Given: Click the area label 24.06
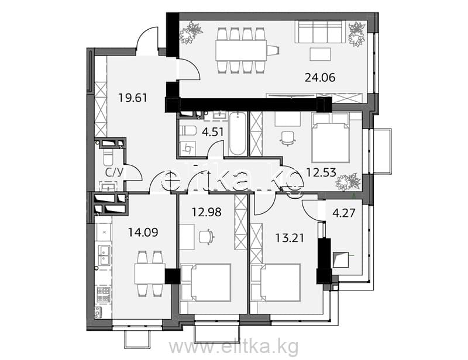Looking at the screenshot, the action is [x=319, y=78].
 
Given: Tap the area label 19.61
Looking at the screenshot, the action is [x=133, y=98].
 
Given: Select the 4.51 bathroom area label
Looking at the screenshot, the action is [x=212, y=132].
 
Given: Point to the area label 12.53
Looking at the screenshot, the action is [x=321, y=172].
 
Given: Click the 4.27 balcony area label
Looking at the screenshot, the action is [x=344, y=213].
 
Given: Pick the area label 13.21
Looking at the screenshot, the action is [x=289, y=238].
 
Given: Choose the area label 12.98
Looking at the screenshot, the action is [x=207, y=212].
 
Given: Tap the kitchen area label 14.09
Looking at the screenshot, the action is [x=143, y=232].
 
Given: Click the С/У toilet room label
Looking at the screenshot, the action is [x=114, y=172].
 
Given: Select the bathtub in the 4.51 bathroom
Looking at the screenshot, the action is [x=238, y=133].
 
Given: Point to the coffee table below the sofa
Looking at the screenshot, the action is [x=320, y=54].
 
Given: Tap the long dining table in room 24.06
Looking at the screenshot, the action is [x=240, y=50].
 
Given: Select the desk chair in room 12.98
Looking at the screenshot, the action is [x=207, y=237].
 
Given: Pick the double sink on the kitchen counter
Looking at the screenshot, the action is [x=104, y=256].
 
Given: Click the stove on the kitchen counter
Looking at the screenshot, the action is [x=104, y=293].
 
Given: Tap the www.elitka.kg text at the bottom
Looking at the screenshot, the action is [x=233, y=347].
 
